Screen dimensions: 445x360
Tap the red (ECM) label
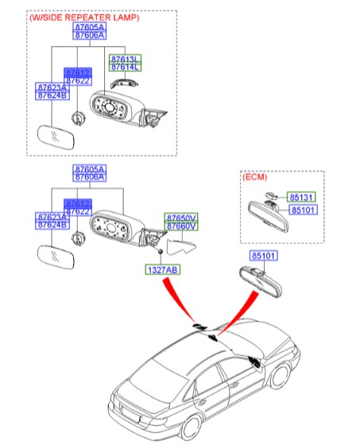pyautogui.click(x=256, y=178)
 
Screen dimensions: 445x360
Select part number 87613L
pyautogui.click(x=124, y=60)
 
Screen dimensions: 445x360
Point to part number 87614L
pyautogui.click(x=124, y=68)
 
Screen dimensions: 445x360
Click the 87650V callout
pyautogui.click(x=180, y=217)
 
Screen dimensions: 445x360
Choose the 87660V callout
pyautogui.click(x=180, y=226)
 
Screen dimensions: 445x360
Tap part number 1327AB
pyautogui.click(x=161, y=270)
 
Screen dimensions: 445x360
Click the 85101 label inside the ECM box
pyautogui.click(x=301, y=211)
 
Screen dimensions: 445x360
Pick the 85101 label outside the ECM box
pyautogui.click(x=266, y=256)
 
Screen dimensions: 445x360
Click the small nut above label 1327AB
pyautogui.click(x=161, y=253)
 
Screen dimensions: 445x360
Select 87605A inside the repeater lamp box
pyautogui.click(x=89, y=26)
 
